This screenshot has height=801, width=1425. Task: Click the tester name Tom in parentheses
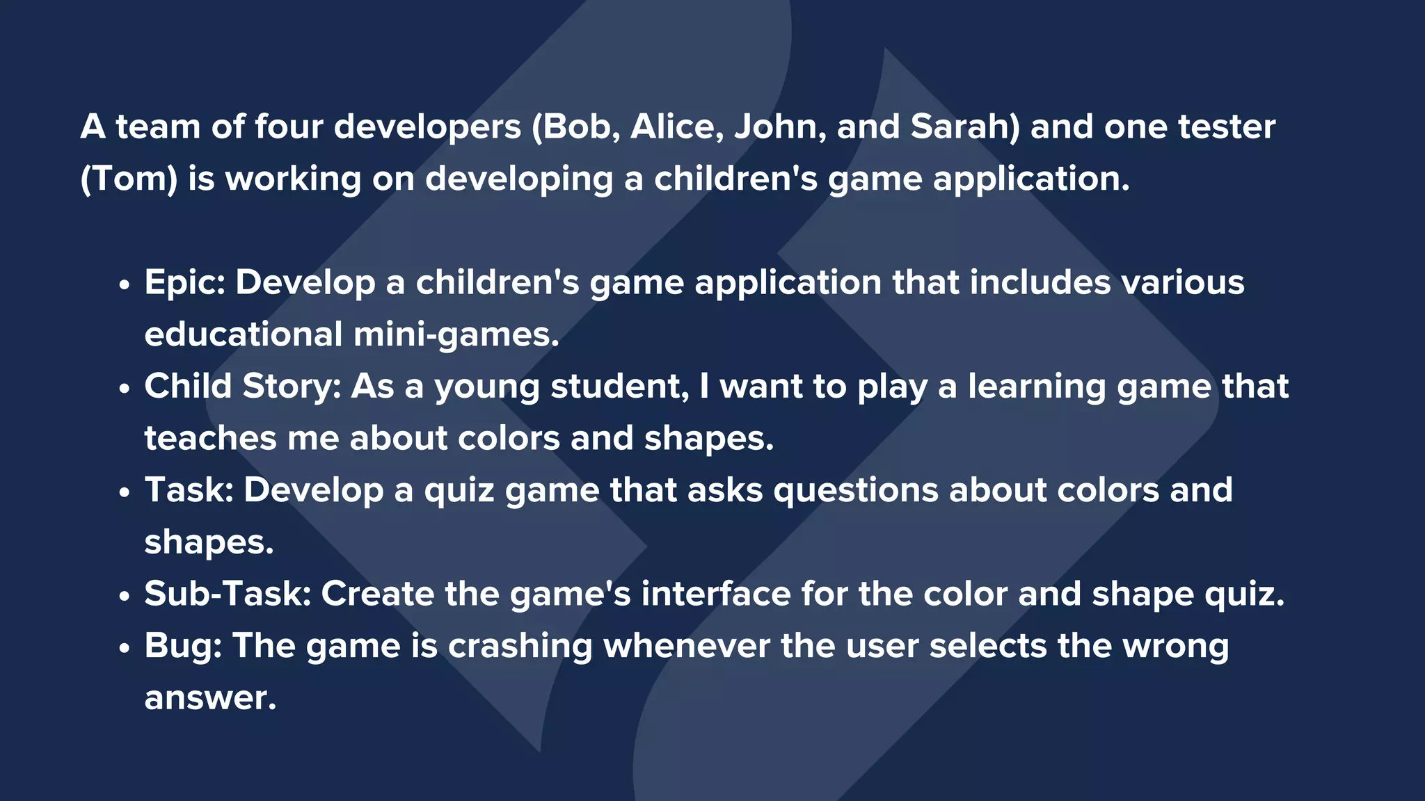click(x=130, y=179)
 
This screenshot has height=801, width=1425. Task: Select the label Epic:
click(x=184, y=283)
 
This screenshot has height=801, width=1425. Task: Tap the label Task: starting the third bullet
click(x=189, y=490)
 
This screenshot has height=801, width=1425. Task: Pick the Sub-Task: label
click(x=228, y=594)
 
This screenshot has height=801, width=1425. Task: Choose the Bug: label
click(x=183, y=646)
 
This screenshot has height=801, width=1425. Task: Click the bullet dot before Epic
click(x=125, y=285)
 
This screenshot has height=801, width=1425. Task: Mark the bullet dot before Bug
click(x=125, y=648)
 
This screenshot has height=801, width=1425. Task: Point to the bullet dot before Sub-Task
click(x=125, y=596)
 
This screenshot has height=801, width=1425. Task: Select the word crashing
click(x=520, y=646)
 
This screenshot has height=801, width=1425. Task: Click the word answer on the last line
click(x=209, y=699)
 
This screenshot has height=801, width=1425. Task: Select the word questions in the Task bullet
click(x=856, y=490)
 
